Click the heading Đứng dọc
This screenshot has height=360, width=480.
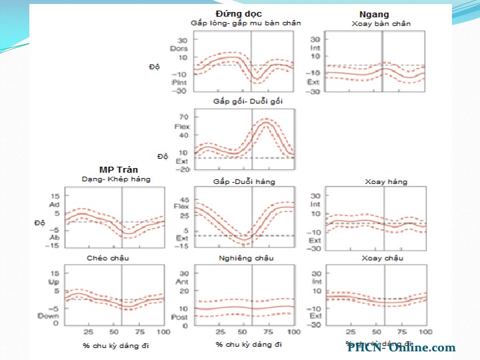(239, 13)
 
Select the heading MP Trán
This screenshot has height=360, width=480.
(119, 169)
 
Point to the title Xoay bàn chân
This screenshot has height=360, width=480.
(381, 23)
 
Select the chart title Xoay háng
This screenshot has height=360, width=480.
(385, 181)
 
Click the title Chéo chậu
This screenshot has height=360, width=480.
(107, 257)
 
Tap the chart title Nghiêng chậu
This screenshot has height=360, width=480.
(245, 257)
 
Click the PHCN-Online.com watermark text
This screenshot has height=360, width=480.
(401, 347)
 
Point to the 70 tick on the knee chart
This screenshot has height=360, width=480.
(183, 117)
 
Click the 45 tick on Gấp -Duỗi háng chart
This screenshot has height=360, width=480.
(183, 199)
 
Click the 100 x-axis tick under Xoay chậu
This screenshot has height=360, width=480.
(424, 331)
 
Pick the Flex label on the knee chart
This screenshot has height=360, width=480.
(182, 126)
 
